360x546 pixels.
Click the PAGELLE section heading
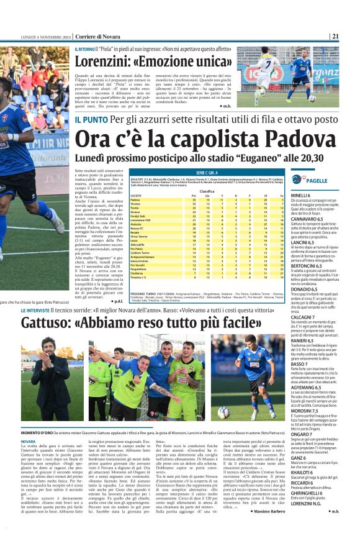click(317, 180)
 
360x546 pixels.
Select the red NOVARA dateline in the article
click(29, 441)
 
